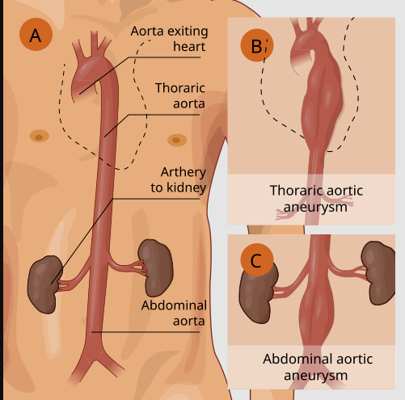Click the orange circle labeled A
coord(36,34)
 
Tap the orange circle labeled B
coord(257,45)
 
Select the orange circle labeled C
coord(257,259)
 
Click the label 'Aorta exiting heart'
coord(169,39)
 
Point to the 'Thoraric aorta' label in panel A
coord(180,95)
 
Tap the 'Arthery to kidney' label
coord(179,180)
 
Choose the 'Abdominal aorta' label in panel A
coord(174,313)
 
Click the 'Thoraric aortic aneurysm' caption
coord(316,199)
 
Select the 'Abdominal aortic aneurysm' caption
coord(318,367)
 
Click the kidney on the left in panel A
coord(44,284)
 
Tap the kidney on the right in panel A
coord(155,267)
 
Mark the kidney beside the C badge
coord(257,295)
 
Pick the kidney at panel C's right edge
coord(378,273)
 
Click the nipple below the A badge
coord(40,136)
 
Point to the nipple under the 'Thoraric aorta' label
coord(177,141)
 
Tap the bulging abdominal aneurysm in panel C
coord(317,313)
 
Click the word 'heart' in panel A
coord(189,46)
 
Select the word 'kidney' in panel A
coord(187,187)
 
